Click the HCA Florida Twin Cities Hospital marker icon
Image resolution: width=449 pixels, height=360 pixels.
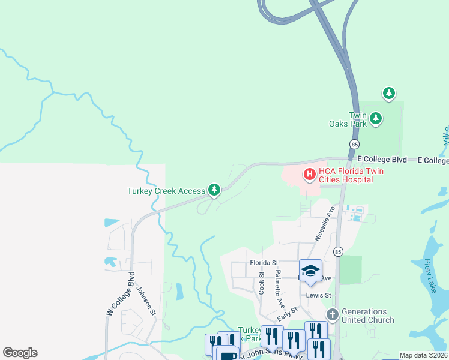click(x=310, y=175)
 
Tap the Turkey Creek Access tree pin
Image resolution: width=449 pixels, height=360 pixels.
click(x=214, y=190)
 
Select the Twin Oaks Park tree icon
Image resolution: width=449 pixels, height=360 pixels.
click(x=376, y=118)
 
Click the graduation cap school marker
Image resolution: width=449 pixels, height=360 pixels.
click(x=310, y=271)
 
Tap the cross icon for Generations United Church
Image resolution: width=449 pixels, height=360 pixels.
click(x=332, y=314)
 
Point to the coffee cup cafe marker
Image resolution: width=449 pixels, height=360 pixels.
click(x=227, y=355)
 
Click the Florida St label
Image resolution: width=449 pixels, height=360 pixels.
click(x=264, y=263)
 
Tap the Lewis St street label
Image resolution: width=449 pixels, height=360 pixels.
click(x=318, y=295)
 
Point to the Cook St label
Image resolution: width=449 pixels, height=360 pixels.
click(x=262, y=283)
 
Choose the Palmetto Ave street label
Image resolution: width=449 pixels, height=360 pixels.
click(x=279, y=289)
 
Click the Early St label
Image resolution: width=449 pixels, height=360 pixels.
click(x=288, y=313)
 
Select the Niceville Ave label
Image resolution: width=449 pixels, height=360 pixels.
click(x=325, y=224)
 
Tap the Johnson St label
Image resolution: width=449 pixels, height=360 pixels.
click(x=146, y=300)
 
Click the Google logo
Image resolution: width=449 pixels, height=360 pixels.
click(x=20, y=352)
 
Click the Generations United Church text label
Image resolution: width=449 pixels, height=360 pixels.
click(x=367, y=316)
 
